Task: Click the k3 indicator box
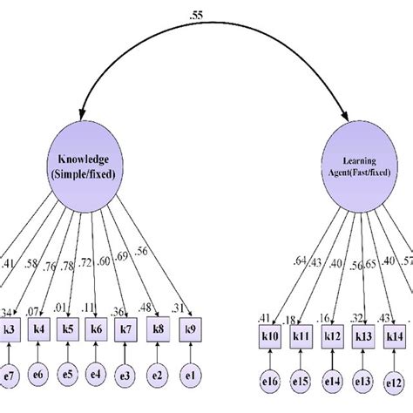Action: click(x=7, y=330)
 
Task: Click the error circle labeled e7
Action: click(x=8, y=376)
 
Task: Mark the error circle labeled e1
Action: click(x=189, y=376)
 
